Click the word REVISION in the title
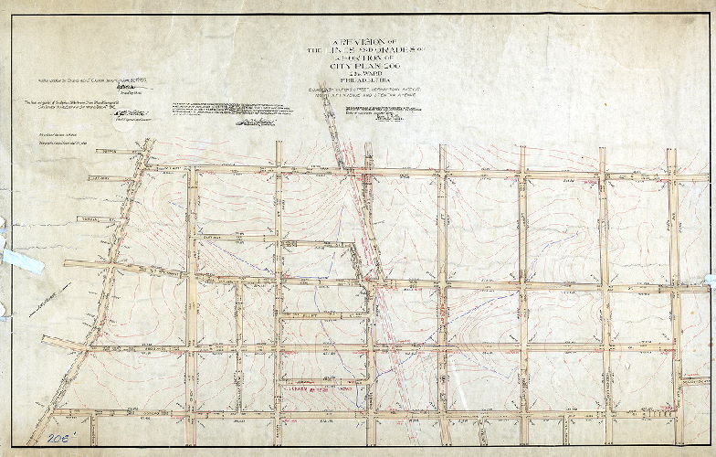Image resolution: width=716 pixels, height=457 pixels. [x=352, y=44]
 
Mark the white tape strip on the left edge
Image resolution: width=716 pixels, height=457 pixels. [x=20, y=257]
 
